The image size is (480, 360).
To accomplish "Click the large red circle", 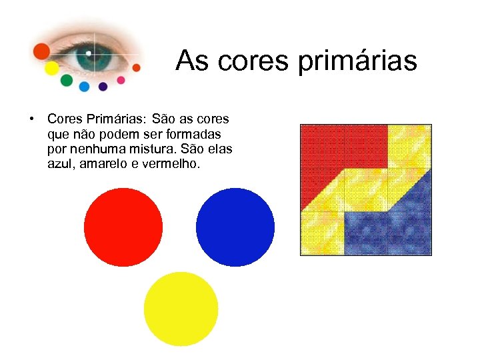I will point(123,227).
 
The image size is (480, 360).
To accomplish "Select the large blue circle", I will point(235,227).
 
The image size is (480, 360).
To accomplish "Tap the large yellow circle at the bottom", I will point(181,309).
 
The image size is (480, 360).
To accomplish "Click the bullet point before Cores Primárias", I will point(31,119).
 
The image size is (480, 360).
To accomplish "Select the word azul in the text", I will point(62,163).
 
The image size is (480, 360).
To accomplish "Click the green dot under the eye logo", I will point(67,81).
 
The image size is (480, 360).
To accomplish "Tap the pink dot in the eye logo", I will point(121,80).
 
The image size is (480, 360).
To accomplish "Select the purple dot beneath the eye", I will point(103,86).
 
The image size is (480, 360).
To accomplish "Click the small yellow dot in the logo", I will point(51,68).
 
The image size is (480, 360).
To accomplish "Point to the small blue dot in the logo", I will point(84,86).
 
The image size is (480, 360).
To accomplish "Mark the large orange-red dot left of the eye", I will point(42,51).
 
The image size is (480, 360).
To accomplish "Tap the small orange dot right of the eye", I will point(137,67).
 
